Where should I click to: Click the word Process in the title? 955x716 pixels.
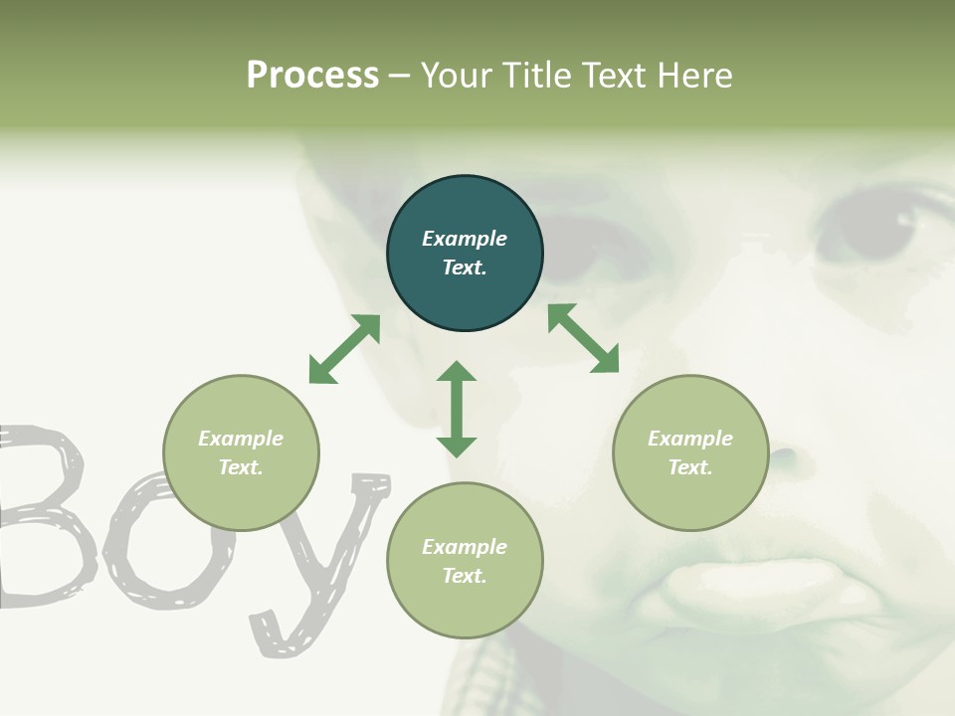(x=312, y=76)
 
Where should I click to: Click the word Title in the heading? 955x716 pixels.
(x=538, y=76)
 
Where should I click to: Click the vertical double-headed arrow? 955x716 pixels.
(x=457, y=409)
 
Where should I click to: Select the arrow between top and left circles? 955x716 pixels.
(x=344, y=349)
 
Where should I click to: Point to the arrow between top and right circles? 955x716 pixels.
(x=583, y=339)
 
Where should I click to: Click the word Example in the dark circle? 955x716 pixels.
(x=465, y=239)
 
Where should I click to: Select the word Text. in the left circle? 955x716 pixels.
(x=241, y=467)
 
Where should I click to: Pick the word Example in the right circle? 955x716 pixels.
(x=690, y=439)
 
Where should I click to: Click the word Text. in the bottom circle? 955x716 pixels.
(x=465, y=576)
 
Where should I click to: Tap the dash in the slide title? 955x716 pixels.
(x=400, y=77)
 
